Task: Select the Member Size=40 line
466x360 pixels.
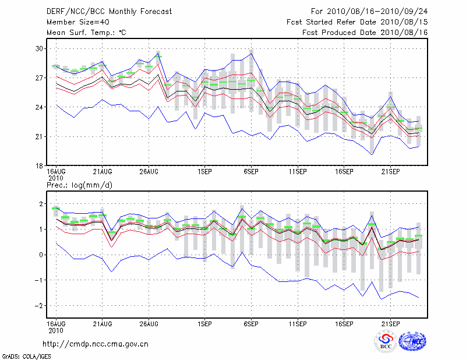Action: (73, 22)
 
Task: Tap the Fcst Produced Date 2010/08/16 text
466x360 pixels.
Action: (365, 33)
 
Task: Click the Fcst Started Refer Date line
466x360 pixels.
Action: (358, 22)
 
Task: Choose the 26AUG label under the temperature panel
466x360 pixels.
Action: (149, 172)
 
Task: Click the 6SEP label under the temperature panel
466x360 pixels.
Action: (251, 172)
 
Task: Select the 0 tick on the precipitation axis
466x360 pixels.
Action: (41, 255)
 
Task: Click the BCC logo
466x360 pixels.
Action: (386, 342)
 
